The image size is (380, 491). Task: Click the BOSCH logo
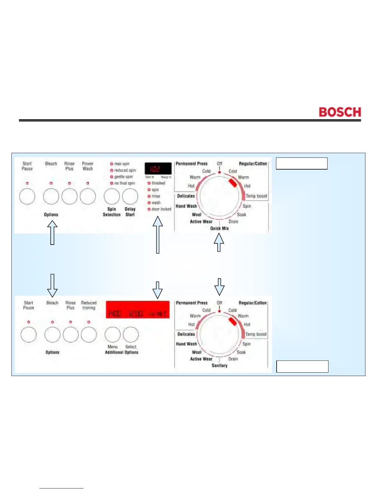(x=340, y=112)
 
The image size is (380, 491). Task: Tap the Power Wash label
(x=88, y=166)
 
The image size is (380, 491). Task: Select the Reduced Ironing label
(x=89, y=305)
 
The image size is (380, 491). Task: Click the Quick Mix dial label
(x=219, y=228)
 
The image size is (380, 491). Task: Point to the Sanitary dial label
(x=219, y=365)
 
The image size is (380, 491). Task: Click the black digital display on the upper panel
(x=158, y=169)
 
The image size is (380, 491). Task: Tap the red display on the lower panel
(x=138, y=310)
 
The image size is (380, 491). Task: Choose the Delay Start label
(x=130, y=212)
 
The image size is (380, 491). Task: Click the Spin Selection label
(x=112, y=212)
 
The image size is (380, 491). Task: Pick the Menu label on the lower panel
(x=113, y=347)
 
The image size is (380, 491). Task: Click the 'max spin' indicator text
(x=122, y=164)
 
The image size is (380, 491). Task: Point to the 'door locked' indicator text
(x=161, y=209)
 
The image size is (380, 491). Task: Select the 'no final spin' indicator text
(x=124, y=183)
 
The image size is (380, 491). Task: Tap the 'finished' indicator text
(x=158, y=183)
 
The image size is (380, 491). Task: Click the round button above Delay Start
(x=130, y=196)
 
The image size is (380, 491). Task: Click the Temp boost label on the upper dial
(x=256, y=196)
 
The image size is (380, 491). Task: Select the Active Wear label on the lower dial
(x=201, y=359)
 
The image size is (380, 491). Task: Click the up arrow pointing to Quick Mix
(x=219, y=242)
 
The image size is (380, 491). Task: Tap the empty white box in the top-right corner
(x=302, y=163)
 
